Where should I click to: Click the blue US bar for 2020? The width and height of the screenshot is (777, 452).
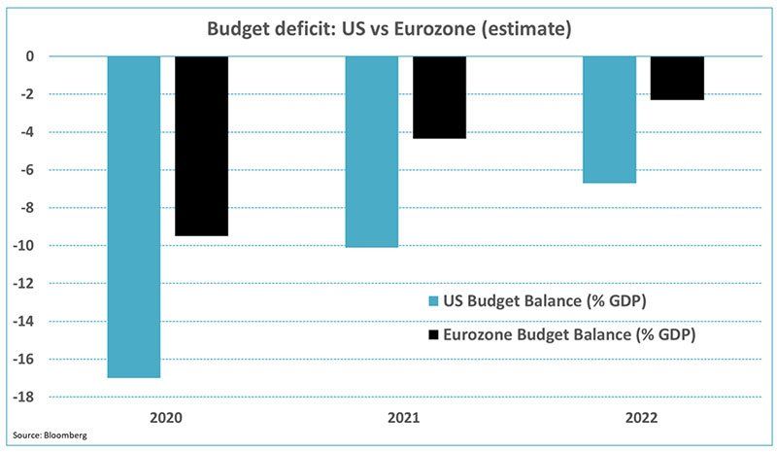click(x=133, y=216)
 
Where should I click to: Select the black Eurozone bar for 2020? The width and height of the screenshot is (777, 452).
click(x=201, y=146)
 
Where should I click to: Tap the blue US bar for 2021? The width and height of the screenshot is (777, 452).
click(x=371, y=152)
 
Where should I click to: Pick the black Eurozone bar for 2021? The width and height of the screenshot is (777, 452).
click(x=439, y=97)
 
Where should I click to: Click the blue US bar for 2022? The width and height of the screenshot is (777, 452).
click(x=609, y=120)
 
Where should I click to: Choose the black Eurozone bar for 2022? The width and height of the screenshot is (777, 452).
click(x=677, y=78)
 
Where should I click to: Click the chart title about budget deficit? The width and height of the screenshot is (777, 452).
click(x=388, y=29)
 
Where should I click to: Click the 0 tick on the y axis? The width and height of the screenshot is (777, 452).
click(x=57, y=56)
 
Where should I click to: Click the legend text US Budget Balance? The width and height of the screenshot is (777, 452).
click(x=545, y=301)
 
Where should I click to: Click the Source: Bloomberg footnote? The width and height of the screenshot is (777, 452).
click(x=51, y=435)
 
